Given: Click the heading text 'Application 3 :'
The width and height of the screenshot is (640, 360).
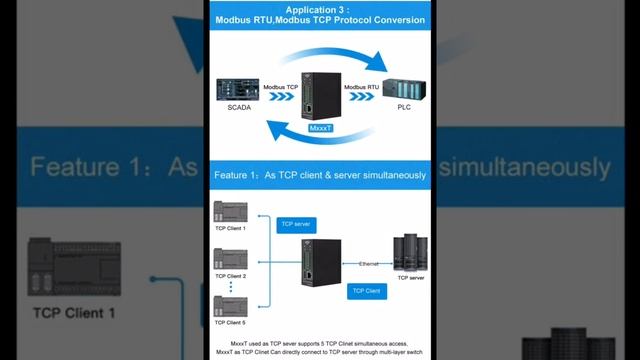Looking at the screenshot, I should (319, 8).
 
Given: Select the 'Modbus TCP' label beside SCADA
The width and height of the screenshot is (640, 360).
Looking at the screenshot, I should (282, 88).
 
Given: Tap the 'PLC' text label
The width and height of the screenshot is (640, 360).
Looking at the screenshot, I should (405, 108).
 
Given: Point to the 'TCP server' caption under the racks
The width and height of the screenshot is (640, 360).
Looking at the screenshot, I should (410, 278).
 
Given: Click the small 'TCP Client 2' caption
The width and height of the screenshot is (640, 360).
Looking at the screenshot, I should (230, 276).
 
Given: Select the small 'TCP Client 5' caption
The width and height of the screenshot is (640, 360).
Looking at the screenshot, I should (230, 323).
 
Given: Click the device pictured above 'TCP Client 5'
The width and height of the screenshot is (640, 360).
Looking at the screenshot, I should (229, 305).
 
